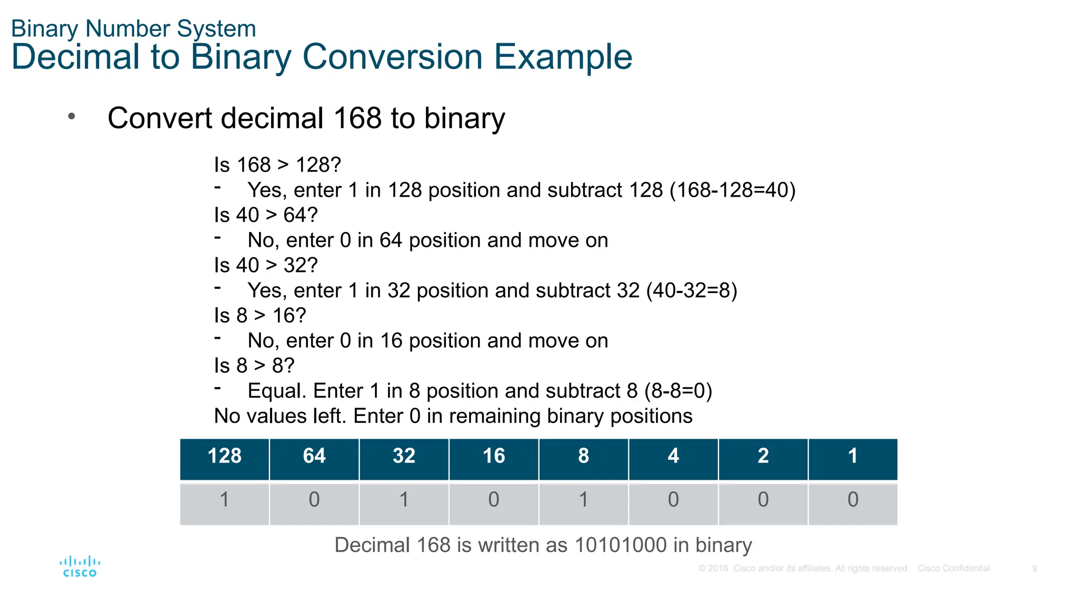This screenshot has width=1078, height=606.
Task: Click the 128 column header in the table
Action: [x=225, y=456]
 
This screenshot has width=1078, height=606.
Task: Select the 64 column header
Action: [x=314, y=456]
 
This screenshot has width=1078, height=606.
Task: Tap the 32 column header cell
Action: [x=404, y=456]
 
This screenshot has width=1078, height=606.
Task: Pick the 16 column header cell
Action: [x=494, y=456]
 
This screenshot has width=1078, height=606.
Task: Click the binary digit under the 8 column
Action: [x=583, y=500]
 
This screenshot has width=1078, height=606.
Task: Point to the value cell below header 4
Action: [x=673, y=500]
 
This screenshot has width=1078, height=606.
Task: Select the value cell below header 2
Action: [x=763, y=500]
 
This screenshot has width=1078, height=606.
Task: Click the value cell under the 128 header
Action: [x=225, y=500]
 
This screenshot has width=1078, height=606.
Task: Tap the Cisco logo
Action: [x=80, y=567]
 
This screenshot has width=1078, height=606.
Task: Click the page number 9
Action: [x=1034, y=569]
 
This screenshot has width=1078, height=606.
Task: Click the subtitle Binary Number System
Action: [x=134, y=28]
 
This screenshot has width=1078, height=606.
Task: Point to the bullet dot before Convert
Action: [x=72, y=116]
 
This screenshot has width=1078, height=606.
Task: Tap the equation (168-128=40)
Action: [x=732, y=190]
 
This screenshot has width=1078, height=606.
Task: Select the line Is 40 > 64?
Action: [x=266, y=215]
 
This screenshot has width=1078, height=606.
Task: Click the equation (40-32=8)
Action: [x=691, y=290]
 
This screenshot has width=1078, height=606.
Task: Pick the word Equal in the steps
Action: [x=276, y=391]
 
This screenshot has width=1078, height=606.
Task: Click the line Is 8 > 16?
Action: [x=260, y=316]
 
